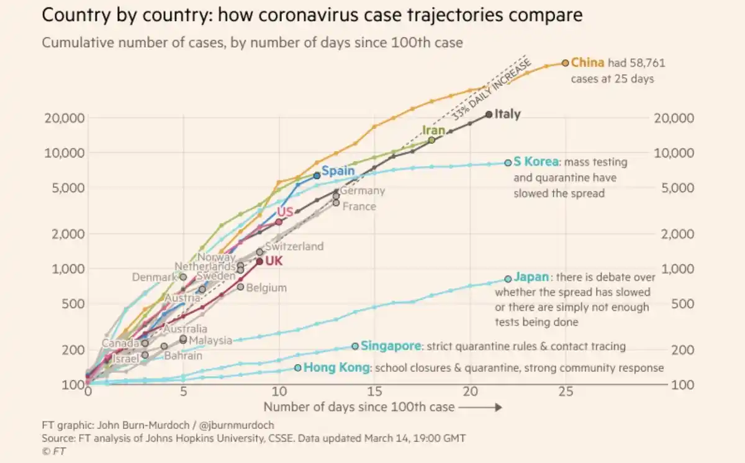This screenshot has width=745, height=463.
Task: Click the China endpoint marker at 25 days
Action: [565, 63]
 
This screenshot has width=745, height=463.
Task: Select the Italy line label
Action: [507, 114]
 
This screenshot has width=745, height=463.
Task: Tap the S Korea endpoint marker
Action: [508, 162]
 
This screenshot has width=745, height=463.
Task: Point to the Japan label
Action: [532, 278]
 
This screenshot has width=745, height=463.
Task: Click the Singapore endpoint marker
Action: [355, 346]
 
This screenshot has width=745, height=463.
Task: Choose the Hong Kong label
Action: [336, 368]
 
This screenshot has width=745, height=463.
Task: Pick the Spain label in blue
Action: [338, 170]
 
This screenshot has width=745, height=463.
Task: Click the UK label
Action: [274, 261]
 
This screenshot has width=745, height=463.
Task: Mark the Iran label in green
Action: [433, 130]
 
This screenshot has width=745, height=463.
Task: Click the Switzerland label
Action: [294, 246]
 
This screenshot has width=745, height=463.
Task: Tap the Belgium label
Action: [266, 288]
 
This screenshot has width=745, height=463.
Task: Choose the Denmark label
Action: [155, 277]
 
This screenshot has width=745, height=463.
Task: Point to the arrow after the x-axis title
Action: [481, 407]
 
